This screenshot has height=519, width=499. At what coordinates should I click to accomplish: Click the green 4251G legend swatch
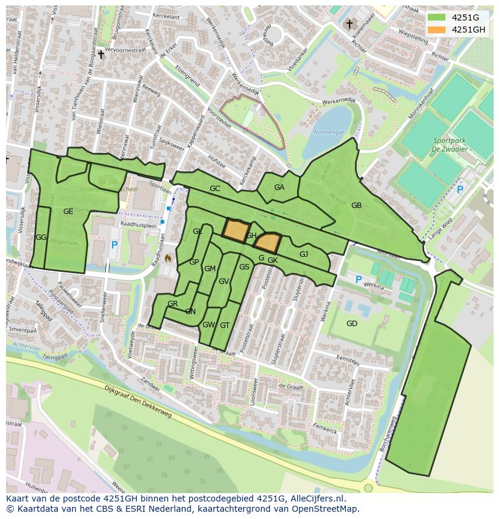click(436, 17)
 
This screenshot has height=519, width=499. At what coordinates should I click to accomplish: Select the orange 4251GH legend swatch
click(436, 30)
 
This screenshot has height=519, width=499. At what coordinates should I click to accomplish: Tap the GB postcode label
click(356, 206)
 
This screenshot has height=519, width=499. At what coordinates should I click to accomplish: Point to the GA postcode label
click(279, 187)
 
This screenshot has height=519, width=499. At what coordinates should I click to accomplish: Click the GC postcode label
click(215, 189)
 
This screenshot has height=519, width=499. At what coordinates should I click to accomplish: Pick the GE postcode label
click(68, 211)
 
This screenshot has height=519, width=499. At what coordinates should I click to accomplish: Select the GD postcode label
click(352, 324)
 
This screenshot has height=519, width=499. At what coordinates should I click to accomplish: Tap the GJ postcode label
click(304, 254)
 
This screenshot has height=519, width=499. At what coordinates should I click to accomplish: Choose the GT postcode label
click(225, 325)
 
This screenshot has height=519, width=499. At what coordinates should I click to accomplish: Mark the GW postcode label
click(209, 325)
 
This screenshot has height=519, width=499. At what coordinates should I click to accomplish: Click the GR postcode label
click(172, 303)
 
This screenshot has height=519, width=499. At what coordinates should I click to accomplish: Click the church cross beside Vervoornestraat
click(101, 55)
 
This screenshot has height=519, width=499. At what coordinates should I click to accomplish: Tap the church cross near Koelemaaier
click(349, 24)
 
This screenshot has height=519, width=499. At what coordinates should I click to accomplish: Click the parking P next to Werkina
click(359, 280)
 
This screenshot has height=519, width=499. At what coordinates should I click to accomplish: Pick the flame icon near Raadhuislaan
click(168, 257)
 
